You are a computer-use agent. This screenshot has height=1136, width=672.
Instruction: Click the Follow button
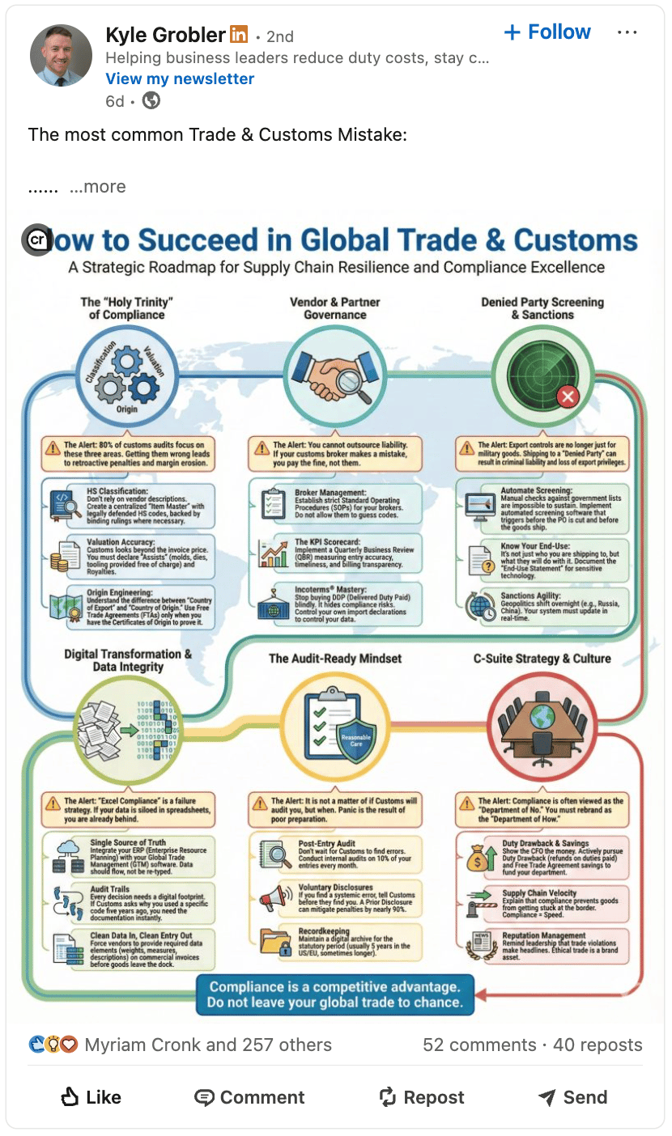tap(547, 32)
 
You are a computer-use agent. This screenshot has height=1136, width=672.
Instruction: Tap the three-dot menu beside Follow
tap(627, 32)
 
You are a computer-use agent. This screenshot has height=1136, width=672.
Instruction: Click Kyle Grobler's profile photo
tap(61, 55)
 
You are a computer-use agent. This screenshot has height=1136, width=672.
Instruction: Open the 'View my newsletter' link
tap(180, 78)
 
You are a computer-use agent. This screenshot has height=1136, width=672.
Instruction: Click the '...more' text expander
tap(97, 187)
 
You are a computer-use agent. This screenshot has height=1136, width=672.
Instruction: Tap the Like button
tap(91, 1097)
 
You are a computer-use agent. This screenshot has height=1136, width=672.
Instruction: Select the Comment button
tap(249, 1097)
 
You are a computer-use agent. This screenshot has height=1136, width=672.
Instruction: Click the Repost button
tap(422, 1097)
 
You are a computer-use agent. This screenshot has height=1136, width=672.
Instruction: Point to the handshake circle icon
tap(335, 375)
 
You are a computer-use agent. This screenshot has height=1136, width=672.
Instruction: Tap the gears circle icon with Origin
tap(128, 376)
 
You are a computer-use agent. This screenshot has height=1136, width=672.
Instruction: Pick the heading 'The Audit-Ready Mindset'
tap(335, 659)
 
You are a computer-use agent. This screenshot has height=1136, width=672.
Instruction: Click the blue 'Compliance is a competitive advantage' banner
tap(335, 994)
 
